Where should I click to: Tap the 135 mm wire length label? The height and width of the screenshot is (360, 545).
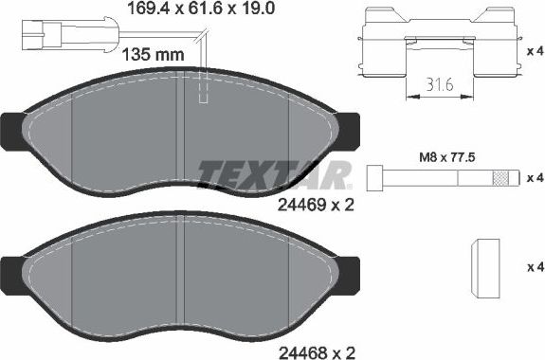154,54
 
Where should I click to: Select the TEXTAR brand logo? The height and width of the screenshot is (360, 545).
275,174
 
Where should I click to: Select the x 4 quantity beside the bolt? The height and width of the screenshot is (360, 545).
535,177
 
